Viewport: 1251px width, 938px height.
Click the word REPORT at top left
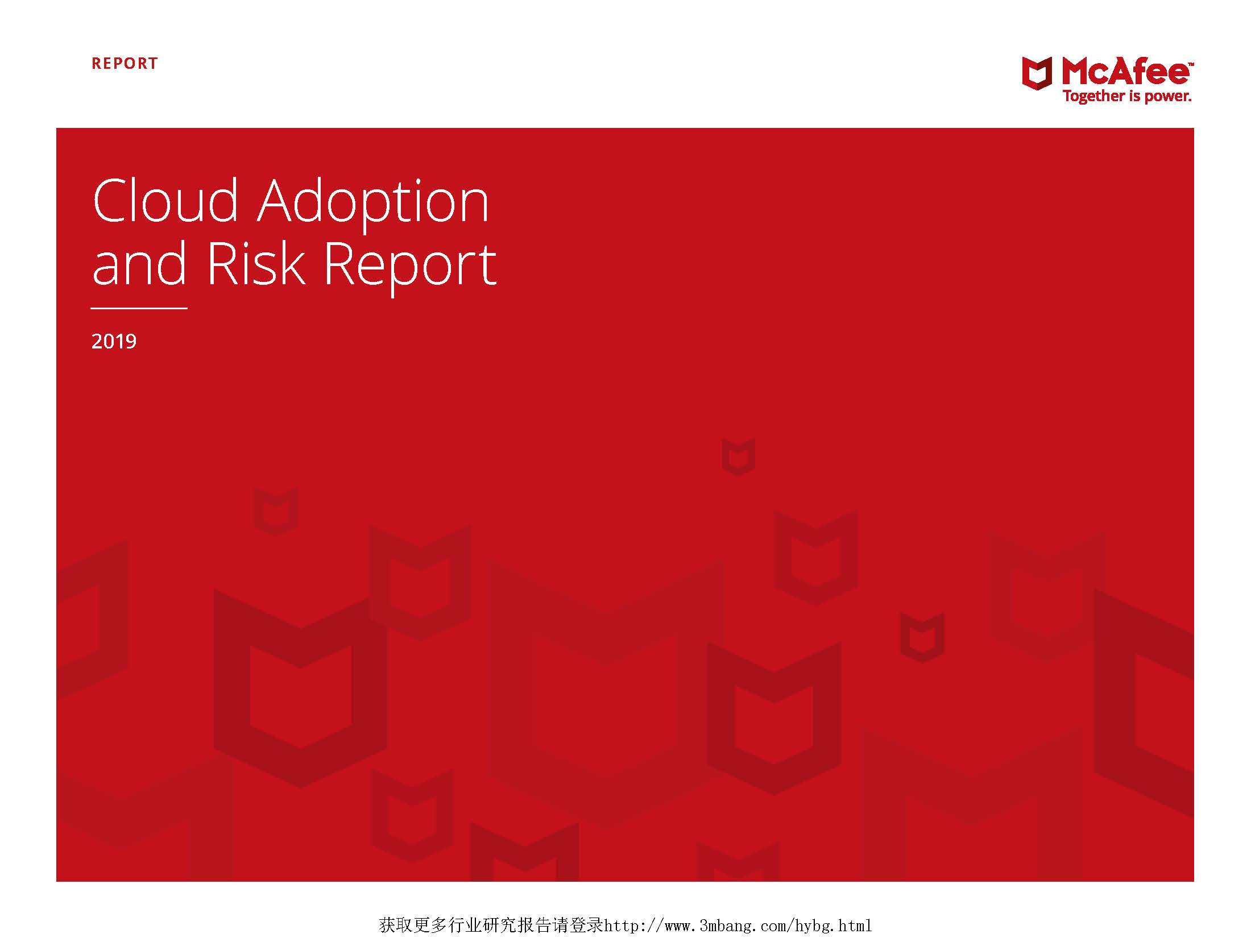(125, 63)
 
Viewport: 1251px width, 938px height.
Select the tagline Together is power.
(1127, 97)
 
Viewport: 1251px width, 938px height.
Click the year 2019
(114, 341)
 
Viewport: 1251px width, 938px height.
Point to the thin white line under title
(139, 308)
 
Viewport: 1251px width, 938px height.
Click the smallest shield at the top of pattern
(738, 456)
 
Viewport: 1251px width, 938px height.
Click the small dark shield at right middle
(921, 637)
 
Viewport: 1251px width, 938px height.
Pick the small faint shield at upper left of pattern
(276, 510)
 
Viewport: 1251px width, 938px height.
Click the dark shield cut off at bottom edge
(524, 853)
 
